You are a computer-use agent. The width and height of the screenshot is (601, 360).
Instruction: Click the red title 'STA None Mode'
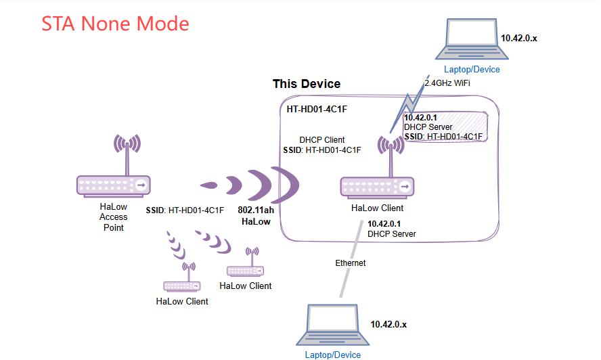(x=115, y=24)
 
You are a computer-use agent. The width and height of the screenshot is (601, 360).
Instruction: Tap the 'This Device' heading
(x=307, y=84)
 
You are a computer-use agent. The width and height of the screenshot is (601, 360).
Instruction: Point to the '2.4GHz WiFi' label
(x=447, y=83)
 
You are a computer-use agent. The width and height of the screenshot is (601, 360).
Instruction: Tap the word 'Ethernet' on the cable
(x=351, y=263)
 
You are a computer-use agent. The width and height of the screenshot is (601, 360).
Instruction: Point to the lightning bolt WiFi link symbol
(x=408, y=106)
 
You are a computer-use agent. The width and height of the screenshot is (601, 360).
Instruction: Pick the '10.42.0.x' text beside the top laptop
(x=519, y=38)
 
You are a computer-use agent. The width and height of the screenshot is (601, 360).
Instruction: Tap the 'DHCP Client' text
(x=322, y=140)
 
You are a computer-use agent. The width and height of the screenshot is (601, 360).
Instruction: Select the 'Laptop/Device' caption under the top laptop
(x=472, y=69)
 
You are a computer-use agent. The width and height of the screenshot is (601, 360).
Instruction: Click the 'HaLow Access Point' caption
(x=114, y=217)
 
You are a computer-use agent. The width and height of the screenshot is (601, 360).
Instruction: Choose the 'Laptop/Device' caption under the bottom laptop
(x=332, y=355)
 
